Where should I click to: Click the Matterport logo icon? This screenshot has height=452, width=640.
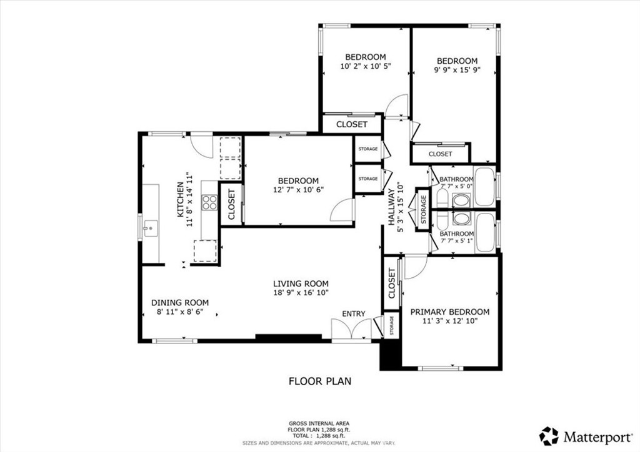(x=549, y=435)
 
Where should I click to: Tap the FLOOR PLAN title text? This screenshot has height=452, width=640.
(x=319, y=380)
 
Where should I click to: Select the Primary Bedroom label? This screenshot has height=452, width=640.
(x=449, y=312)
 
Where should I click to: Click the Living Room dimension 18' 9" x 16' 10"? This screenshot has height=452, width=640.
(x=301, y=292)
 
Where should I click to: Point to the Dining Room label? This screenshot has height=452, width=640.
(x=180, y=303)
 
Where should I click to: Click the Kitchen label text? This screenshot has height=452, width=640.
(x=180, y=199)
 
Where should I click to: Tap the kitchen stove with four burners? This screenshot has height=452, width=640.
(x=209, y=202)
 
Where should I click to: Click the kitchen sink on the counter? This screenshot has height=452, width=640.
(x=149, y=229)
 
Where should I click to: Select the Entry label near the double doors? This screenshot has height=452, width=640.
(x=353, y=313)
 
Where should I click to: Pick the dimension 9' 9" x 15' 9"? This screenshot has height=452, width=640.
(x=457, y=71)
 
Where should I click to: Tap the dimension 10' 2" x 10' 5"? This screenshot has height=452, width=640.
(x=366, y=66)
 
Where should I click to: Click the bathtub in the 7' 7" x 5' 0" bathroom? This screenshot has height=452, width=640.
(x=485, y=186)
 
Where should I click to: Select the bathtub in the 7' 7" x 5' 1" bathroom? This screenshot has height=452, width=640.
(x=485, y=232)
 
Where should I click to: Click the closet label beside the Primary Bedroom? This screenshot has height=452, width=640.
(x=392, y=283)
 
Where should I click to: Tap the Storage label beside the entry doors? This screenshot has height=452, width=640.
(x=392, y=325)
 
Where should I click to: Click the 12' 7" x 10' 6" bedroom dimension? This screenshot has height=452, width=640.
(x=298, y=190)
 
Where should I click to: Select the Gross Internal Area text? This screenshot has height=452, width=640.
(x=319, y=423)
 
